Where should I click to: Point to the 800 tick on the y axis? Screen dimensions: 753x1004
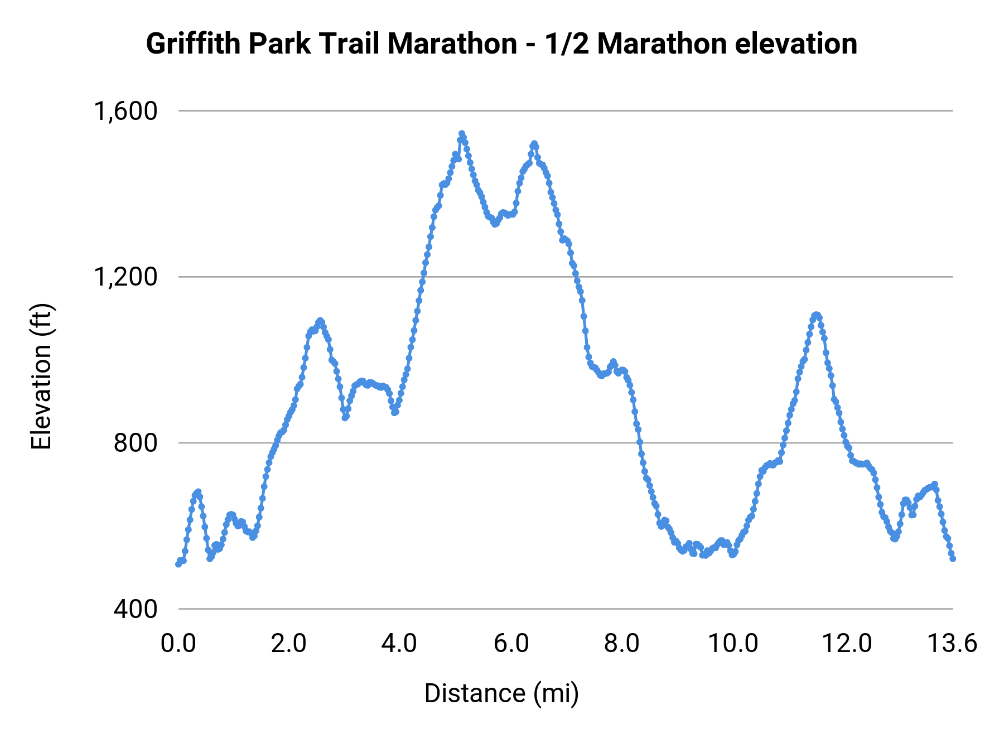click(136, 443)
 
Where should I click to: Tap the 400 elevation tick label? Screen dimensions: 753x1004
click(136, 609)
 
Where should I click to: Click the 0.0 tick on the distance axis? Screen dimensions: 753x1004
click(178, 644)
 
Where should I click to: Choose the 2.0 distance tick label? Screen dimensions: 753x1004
click(289, 644)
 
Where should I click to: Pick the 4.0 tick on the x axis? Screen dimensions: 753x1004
click(399, 644)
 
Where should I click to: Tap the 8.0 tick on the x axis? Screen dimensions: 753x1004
click(622, 644)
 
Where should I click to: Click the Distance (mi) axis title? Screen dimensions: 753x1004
click(501, 693)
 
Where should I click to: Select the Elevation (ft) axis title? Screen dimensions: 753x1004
click(41, 376)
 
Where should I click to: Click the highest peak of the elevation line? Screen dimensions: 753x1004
click(462, 134)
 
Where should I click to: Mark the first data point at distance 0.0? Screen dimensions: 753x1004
click(178, 564)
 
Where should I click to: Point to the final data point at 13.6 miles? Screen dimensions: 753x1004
click(953, 558)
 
